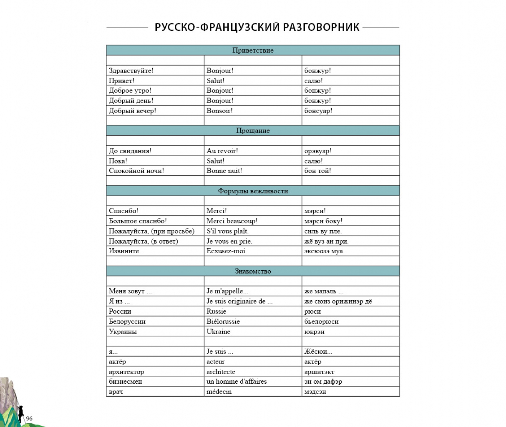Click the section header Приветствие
point(253,50)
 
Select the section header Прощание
point(253,131)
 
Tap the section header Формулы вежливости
point(253,191)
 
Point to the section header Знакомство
point(253,271)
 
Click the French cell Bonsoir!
point(219,111)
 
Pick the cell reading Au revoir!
point(222,151)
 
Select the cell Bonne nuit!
point(224,171)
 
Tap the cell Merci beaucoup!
point(232,221)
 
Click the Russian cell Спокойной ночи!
point(136,171)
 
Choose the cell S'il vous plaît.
point(227,231)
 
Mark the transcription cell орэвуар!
point(318,151)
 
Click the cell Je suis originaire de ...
point(239,301)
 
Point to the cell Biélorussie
point(223,322)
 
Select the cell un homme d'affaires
point(237,381)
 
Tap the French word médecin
point(219,392)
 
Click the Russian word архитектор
point(126,372)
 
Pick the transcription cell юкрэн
point(314,332)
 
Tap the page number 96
point(29,419)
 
